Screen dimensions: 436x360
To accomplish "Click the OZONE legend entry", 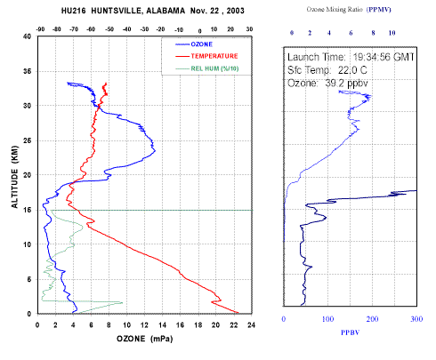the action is point(202,44).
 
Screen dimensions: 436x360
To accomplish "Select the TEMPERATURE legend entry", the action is point(214,56).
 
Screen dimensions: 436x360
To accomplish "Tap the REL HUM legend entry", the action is point(214,68).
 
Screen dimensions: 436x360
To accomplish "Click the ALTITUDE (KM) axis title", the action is point(14,177).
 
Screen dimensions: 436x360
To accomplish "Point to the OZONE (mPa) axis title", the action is point(144,339).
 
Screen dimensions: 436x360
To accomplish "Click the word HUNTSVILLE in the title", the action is point(117,11).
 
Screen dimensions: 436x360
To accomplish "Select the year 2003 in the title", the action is point(236,11).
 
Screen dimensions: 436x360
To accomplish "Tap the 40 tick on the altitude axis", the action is point(27,36).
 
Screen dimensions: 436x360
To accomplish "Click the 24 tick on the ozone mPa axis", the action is point(251,325).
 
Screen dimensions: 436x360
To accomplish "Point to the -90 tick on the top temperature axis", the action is point(40,29).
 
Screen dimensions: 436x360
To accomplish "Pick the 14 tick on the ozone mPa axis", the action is point(162,325).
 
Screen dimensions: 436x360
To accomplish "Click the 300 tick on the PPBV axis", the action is point(416,319).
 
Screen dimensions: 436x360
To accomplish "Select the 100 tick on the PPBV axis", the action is point(327,319).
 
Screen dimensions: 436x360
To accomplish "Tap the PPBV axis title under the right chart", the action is point(350,332).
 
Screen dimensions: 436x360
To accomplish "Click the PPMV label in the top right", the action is point(379,10).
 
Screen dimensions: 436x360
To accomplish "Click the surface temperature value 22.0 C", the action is point(352,70).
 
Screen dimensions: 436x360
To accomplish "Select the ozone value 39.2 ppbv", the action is point(346,84).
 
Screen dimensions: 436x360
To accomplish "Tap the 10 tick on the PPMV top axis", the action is point(392,33).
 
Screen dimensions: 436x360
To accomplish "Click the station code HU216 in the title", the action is point(73,11).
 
